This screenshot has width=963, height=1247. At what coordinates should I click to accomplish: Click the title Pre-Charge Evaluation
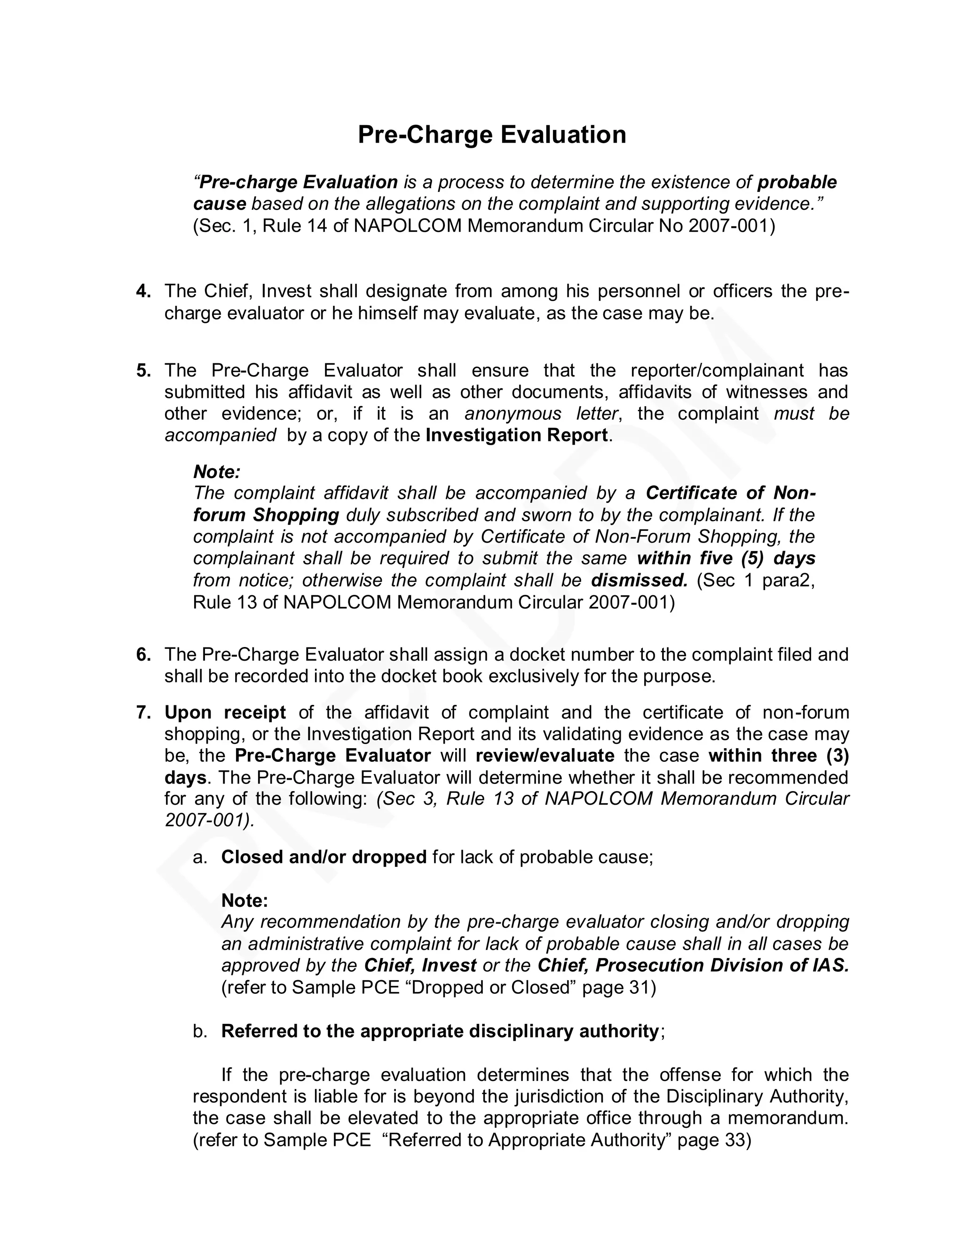pyautogui.click(x=492, y=135)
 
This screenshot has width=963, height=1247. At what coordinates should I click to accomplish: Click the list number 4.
pyautogui.click(x=143, y=291)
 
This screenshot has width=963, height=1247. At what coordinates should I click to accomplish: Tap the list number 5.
pyautogui.click(x=143, y=370)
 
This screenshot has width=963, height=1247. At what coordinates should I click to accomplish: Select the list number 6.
pyautogui.click(x=143, y=655)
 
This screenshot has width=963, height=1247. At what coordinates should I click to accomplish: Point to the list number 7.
pyautogui.click(x=143, y=712)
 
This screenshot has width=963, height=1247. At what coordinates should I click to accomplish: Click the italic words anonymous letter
pyautogui.click(x=541, y=414)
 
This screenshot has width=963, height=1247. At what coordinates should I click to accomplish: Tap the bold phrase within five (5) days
pyautogui.click(x=726, y=559)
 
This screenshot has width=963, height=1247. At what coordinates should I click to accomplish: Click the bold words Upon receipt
pyautogui.click(x=225, y=712)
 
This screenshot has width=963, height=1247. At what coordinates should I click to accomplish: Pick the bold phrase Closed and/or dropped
pyautogui.click(x=324, y=857)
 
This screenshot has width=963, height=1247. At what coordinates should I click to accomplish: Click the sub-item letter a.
pyautogui.click(x=199, y=857)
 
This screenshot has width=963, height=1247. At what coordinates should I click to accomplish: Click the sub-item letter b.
pyautogui.click(x=199, y=1031)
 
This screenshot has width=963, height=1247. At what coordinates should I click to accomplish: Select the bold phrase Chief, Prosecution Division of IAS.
pyautogui.click(x=693, y=966)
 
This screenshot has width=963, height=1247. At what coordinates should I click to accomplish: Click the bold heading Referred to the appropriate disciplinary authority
pyautogui.click(x=440, y=1031)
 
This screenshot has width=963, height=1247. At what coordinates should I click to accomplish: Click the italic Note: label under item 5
pyautogui.click(x=217, y=472)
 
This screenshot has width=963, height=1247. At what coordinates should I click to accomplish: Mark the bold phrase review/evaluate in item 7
pyautogui.click(x=545, y=756)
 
